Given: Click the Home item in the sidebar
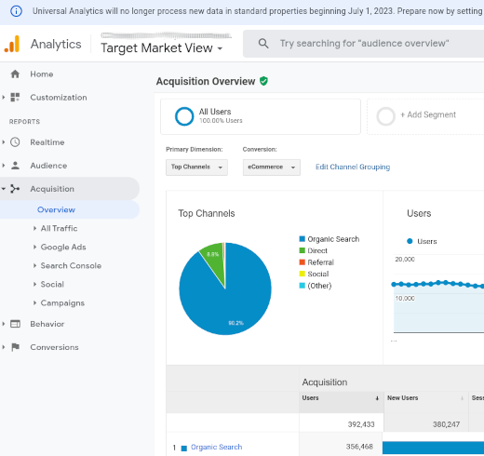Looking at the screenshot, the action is click(x=42, y=74).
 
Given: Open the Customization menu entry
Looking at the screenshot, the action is click(x=59, y=98).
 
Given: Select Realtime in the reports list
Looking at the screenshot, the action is click(x=47, y=142).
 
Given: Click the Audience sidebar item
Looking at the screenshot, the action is click(x=48, y=166).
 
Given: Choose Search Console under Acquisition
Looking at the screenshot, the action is click(x=71, y=266).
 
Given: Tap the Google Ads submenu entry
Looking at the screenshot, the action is click(x=63, y=248).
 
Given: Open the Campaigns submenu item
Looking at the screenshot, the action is click(x=62, y=303).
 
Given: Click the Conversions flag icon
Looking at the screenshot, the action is click(x=15, y=347).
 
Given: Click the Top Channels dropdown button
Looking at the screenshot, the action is click(x=196, y=168).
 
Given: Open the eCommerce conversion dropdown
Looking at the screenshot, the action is click(x=272, y=168).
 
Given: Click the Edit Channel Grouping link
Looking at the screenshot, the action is click(x=353, y=167).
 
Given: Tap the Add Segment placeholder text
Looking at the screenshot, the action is click(x=428, y=114).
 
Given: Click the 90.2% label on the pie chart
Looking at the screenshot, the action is click(x=235, y=323).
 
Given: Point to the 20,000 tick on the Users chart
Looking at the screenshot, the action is click(x=405, y=260).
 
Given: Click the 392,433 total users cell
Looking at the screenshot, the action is click(x=361, y=424).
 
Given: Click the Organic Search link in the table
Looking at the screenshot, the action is click(x=216, y=447).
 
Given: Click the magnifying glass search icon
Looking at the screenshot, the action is click(x=263, y=44).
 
